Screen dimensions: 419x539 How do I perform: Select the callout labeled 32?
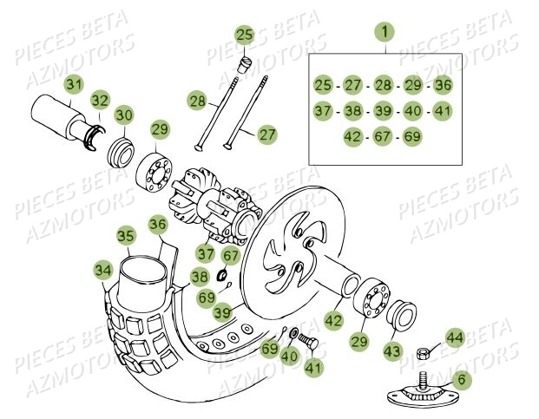101,99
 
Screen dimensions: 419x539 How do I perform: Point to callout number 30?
125,115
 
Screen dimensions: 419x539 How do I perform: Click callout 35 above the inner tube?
126,236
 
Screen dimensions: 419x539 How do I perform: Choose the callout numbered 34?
103,272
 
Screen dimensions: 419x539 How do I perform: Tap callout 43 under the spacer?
394,350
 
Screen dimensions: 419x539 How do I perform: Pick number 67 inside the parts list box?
383,137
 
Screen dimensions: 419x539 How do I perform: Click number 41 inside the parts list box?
443,111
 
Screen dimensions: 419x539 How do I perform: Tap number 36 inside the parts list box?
443,85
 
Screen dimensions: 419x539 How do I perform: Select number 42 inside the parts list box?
352,137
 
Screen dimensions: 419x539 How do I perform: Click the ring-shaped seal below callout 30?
121,139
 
